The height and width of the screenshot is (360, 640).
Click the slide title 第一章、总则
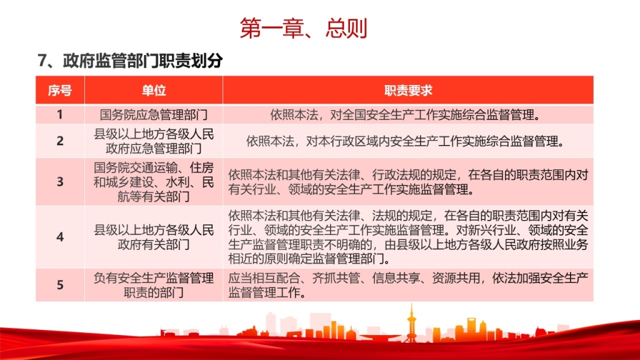304,28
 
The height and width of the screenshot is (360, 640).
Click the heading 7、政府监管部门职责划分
130,61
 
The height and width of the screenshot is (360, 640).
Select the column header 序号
60,90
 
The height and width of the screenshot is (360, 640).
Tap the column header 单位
154,90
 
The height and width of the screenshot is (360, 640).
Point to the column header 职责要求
408,90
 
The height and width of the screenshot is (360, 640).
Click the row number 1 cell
60,114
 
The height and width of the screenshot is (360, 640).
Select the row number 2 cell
60,141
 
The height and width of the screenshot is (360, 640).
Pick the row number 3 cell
60,182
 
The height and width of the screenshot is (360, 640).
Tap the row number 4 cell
60,237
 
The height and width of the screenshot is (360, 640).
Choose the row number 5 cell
60,285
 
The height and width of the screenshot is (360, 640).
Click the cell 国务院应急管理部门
154,115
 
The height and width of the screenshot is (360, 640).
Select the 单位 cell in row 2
154,141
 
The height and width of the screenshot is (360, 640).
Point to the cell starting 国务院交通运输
154,182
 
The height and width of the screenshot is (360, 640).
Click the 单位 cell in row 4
154,237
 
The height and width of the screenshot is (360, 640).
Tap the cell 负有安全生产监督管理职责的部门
154,285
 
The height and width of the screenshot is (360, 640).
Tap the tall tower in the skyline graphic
411,323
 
